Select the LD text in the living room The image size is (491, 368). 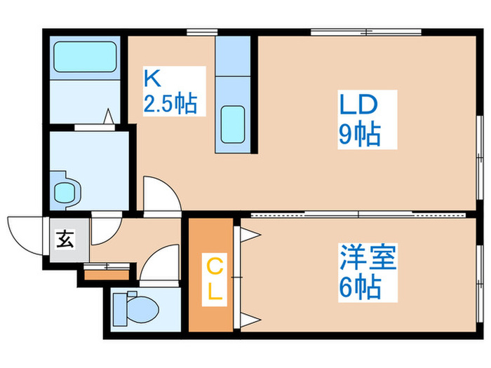[358, 104]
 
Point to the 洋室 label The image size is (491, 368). [368, 259]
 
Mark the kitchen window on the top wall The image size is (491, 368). [201, 32]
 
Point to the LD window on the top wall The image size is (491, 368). [365, 32]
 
